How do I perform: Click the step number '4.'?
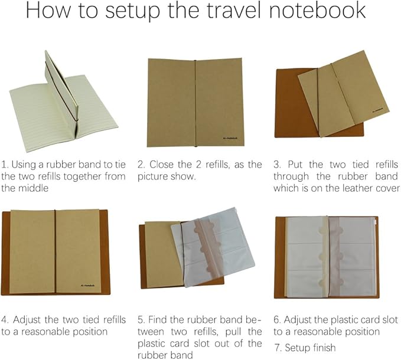pyautogui.click(x=6, y=319)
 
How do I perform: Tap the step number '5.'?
pyautogui.click(x=141, y=319)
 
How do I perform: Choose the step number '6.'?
pyautogui.click(x=277, y=319)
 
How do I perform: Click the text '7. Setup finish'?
pyautogui.click(x=304, y=348)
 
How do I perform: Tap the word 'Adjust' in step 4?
pyautogui.click(x=29, y=319)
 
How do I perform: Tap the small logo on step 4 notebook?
pyautogui.click(x=92, y=285)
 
